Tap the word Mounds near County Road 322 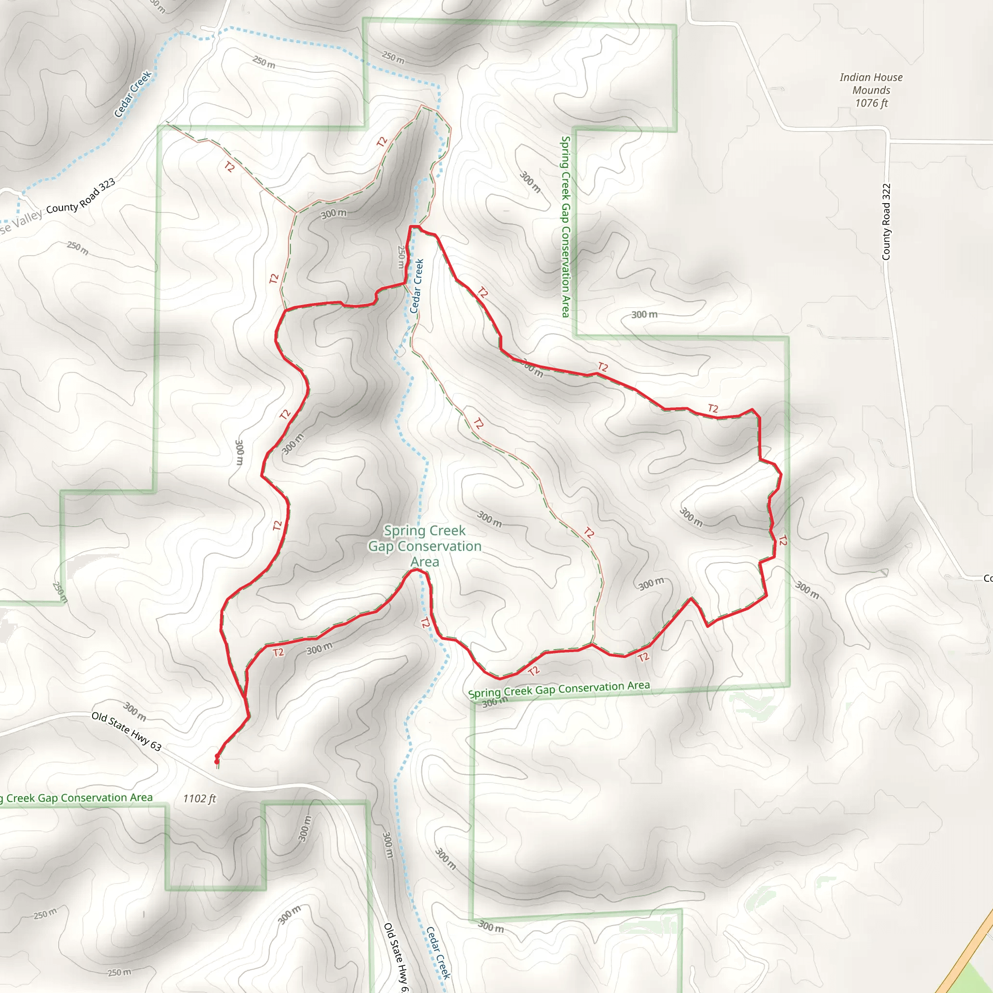(x=871, y=91)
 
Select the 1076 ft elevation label (x=871, y=103)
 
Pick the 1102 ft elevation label (x=199, y=798)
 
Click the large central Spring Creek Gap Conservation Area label (x=425, y=546)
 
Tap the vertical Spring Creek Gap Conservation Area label (x=565, y=226)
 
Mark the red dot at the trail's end (x=217, y=761)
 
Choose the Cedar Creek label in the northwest (x=132, y=94)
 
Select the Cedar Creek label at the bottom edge (x=438, y=952)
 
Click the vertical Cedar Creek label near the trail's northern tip (x=417, y=286)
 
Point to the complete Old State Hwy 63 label (x=127, y=731)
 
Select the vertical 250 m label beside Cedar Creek (x=401, y=256)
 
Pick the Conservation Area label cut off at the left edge (x=77, y=798)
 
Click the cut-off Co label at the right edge (x=987, y=579)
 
